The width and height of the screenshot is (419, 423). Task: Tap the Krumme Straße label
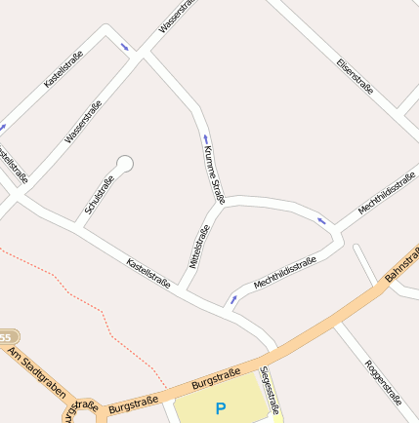pyautogui.click(x=214, y=174)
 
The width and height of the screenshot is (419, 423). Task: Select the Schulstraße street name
pyautogui.click(x=100, y=194)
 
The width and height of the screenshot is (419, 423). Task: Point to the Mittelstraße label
pyautogui.click(x=200, y=247)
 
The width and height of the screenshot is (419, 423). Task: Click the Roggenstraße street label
pyautogui.click(x=383, y=381)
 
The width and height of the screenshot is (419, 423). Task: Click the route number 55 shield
pyautogui.click(x=8, y=336)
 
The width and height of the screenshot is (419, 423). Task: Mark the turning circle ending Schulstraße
pyautogui.click(x=124, y=164)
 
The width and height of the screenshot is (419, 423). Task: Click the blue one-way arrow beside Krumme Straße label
pyautogui.click(x=205, y=138)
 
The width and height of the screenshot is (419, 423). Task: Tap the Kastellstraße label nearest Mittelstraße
pyautogui.click(x=148, y=273)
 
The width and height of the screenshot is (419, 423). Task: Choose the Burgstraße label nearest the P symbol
pyautogui.click(x=216, y=379)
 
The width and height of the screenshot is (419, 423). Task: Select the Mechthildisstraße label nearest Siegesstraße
pyautogui.click(x=284, y=273)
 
